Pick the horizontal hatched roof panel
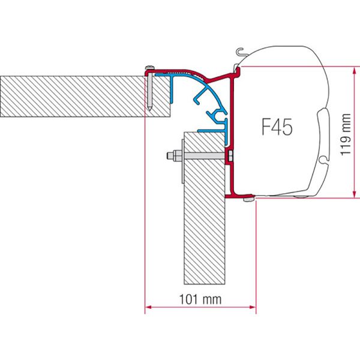click(x=72, y=96)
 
